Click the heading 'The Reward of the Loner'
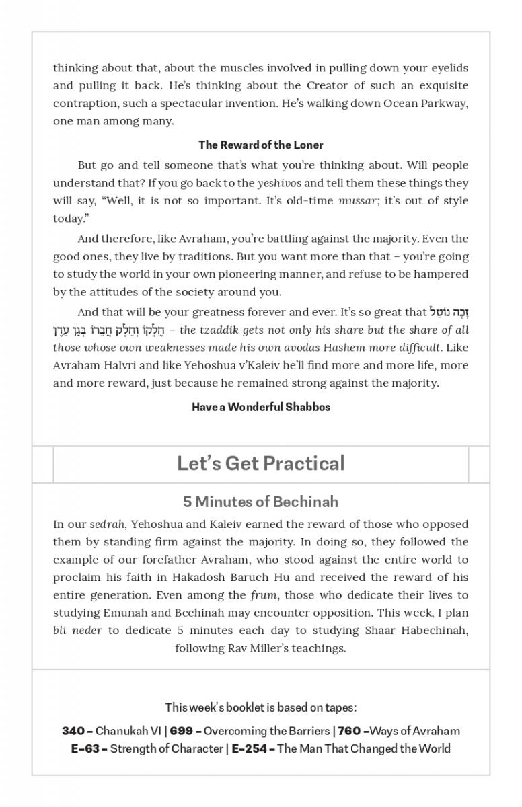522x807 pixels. click(x=260, y=145)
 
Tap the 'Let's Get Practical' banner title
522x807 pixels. click(x=260, y=463)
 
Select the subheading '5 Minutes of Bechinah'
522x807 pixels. click(x=260, y=502)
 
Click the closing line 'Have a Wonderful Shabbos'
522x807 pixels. click(x=260, y=407)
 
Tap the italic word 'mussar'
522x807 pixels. click(x=357, y=201)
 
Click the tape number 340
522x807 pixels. click(x=73, y=731)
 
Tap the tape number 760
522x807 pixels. click(x=349, y=731)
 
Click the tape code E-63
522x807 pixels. click(x=85, y=748)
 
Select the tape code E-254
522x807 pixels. click(x=248, y=748)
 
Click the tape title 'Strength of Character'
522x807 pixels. click(x=166, y=748)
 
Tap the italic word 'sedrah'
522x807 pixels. click(x=106, y=525)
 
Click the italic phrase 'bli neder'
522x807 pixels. click(x=77, y=631)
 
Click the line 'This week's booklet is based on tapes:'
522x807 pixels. click(x=260, y=707)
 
